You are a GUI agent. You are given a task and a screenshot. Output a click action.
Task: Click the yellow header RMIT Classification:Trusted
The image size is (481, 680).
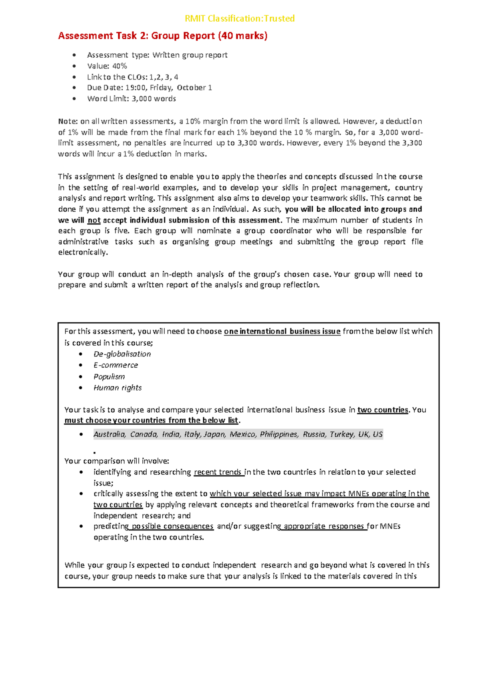pos(240,18)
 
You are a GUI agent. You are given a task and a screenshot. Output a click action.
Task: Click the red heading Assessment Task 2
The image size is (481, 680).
pos(162,36)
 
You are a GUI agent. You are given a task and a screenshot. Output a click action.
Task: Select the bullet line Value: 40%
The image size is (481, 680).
pos(107,66)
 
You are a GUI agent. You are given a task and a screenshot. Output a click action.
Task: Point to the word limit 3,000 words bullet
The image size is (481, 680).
pos(131,99)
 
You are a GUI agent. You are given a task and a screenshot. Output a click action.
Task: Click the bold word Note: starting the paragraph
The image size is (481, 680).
pos(68,121)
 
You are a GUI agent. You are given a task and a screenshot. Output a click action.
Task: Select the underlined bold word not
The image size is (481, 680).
pos(94,220)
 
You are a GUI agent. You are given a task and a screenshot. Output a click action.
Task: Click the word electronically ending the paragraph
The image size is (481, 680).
pos(83,253)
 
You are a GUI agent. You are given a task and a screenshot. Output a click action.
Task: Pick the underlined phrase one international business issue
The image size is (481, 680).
pos(282,331)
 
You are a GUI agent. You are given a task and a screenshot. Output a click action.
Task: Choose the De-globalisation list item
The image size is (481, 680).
pos(122,354)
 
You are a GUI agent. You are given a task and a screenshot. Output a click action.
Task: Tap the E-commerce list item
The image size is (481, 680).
pos(116,365)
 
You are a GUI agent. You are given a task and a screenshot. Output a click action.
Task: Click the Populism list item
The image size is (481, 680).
pos(109,376)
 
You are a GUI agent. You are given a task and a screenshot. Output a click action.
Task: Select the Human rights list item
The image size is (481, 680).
pos(117,388)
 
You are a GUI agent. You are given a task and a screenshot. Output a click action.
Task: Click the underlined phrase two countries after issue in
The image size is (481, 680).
pos(382,410)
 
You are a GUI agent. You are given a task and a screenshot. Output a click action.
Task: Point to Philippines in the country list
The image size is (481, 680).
pos(279,434)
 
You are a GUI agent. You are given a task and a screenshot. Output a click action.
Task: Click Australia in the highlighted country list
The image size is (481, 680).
pos(109,434)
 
